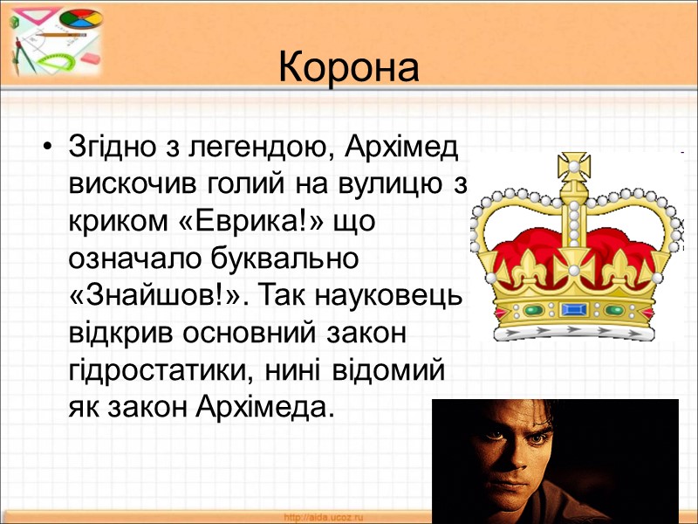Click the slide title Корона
(x=349, y=68)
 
